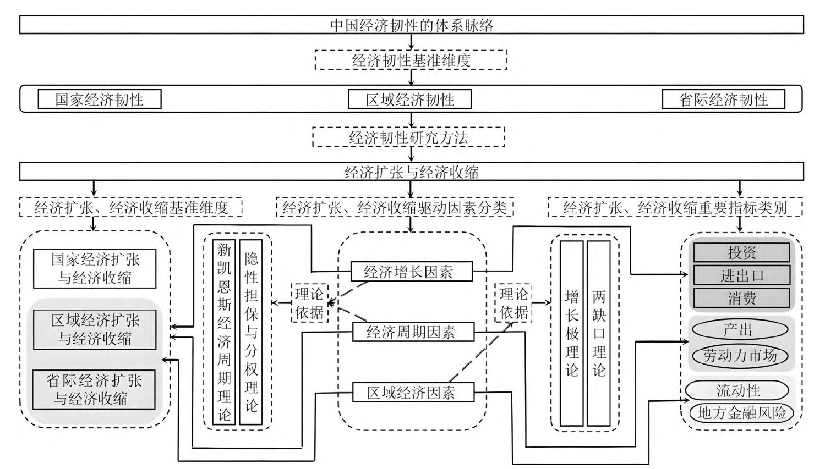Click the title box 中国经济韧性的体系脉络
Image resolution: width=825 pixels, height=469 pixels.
pyautogui.click(x=411, y=25)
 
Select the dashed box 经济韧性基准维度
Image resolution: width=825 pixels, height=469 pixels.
pyautogui.click(x=411, y=60)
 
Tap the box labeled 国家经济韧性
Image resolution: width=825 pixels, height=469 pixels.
pyautogui.click(x=99, y=100)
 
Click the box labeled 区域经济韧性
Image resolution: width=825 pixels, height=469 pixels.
pyautogui.click(x=409, y=100)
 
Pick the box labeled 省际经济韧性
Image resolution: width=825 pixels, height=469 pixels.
pyautogui.click(x=723, y=100)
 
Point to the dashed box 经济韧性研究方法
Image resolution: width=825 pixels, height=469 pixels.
pyautogui.click(x=408, y=137)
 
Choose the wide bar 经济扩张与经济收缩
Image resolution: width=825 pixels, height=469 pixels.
pyautogui.click(x=411, y=172)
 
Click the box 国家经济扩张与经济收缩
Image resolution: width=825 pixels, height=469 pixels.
pyautogui.click(x=95, y=268)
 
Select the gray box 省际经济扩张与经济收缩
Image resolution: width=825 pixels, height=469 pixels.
pyautogui.click(x=94, y=389)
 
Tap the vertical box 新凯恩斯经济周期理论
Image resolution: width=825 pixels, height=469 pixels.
pyautogui.click(x=224, y=332)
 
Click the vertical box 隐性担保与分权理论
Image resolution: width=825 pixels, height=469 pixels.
pyautogui.click(x=251, y=332)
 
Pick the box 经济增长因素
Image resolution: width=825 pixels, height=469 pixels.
pyautogui.click(x=412, y=271)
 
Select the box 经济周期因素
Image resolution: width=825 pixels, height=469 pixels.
pyautogui.click(x=412, y=332)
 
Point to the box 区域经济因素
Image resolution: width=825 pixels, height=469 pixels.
pyautogui.click(x=412, y=393)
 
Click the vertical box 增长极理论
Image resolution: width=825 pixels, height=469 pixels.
pyautogui.click(x=572, y=333)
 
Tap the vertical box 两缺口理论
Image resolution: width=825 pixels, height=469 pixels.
pyautogui.click(x=599, y=333)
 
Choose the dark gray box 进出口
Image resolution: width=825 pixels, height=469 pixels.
pyautogui.click(x=741, y=275)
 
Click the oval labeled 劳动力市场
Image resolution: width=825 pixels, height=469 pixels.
pyautogui.click(x=740, y=355)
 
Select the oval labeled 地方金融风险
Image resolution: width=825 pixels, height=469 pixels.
pyautogui.click(x=741, y=413)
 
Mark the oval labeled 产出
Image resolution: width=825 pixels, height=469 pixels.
pyautogui.click(x=739, y=330)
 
